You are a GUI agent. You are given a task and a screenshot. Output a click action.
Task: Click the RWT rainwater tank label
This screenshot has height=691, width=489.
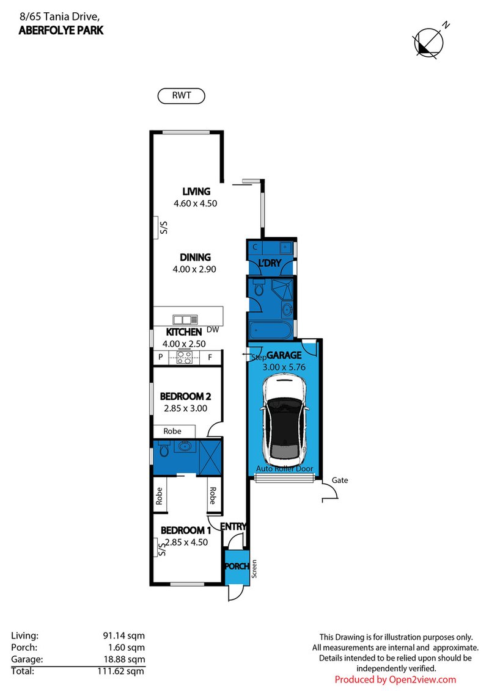tap(182, 96)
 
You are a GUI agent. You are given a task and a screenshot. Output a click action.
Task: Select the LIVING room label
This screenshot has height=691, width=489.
tap(196, 192)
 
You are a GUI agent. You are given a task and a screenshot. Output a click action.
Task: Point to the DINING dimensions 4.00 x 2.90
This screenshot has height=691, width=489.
tap(194, 269)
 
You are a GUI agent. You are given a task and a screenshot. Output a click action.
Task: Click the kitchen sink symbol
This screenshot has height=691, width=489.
tap(185, 320)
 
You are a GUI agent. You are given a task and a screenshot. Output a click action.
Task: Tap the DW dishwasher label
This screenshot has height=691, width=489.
tap(213, 330)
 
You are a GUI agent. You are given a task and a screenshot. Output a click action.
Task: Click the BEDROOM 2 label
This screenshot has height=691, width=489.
tap(185, 397)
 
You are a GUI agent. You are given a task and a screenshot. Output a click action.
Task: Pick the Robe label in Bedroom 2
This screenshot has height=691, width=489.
tap(172, 432)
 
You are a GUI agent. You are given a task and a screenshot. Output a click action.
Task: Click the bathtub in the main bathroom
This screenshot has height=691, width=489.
tap(269, 330)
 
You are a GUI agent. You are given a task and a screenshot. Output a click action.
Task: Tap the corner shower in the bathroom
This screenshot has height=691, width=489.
tap(282, 289)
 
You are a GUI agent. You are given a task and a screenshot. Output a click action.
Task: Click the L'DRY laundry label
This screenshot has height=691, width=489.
tap(270, 263)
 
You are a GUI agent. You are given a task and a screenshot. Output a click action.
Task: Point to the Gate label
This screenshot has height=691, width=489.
tap(340, 480)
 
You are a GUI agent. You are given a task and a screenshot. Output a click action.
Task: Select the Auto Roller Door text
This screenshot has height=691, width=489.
tap(285, 469)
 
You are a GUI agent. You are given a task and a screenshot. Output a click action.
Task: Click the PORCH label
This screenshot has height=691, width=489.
tap(237, 566)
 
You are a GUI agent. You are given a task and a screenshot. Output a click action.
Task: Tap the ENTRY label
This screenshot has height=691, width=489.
tap(233, 527)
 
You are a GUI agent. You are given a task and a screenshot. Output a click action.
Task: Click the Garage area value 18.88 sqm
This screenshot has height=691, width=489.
tap(124, 660)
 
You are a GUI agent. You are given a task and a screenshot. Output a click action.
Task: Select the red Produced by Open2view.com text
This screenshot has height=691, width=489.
tap(395, 680)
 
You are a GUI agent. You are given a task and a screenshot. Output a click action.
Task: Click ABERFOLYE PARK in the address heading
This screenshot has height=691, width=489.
tap(61, 31)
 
